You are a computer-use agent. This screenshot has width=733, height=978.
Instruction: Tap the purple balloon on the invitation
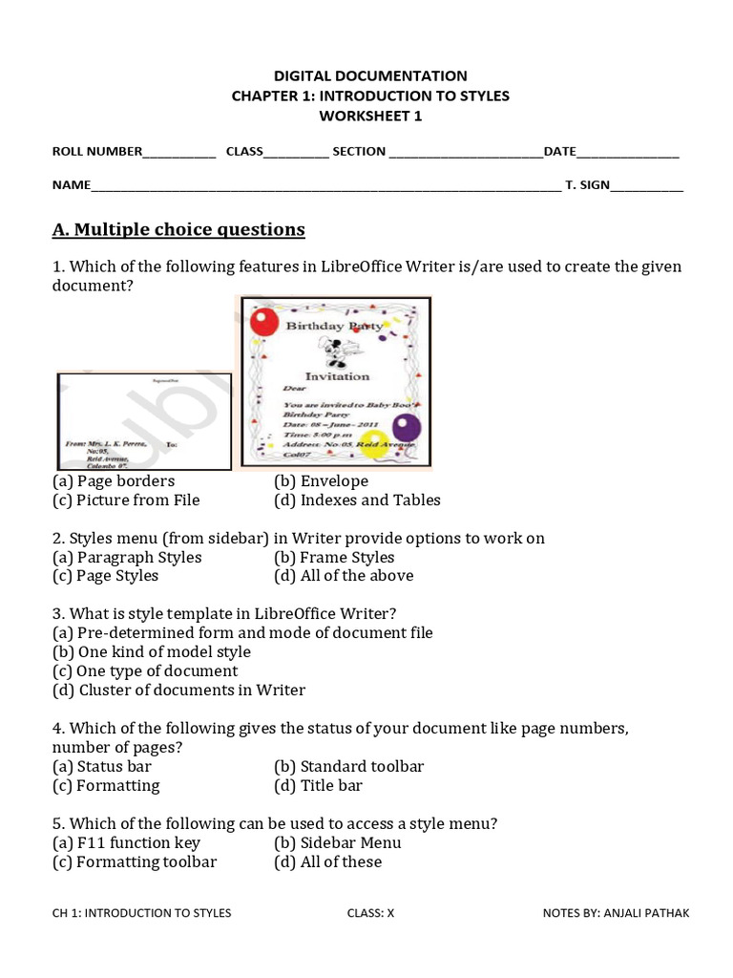point(408,427)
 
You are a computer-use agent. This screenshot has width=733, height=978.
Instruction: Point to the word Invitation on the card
point(337,376)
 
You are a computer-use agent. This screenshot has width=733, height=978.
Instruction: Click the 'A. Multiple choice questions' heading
point(178,229)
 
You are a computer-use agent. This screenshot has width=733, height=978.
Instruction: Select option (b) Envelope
point(321,481)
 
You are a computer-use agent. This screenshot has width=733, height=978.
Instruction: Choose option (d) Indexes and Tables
point(357,500)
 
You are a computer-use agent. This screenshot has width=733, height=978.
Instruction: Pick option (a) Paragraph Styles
point(127,558)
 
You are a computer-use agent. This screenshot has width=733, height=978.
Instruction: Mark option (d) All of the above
point(344,576)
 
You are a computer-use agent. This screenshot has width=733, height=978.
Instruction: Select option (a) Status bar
point(102,767)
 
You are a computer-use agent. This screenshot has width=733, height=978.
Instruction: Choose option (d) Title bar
point(318,786)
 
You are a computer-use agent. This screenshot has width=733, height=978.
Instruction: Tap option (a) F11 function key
point(126,843)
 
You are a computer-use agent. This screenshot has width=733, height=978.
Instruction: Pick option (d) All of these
point(327,862)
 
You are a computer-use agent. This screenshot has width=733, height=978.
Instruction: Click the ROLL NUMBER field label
point(96,151)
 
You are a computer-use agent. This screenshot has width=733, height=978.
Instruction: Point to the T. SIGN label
point(587,185)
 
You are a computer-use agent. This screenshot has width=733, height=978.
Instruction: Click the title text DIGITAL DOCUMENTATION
point(370,75)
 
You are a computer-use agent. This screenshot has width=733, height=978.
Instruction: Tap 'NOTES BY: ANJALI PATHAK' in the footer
point(616,913)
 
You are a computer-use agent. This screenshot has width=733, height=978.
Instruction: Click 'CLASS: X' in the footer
point(370,913)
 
